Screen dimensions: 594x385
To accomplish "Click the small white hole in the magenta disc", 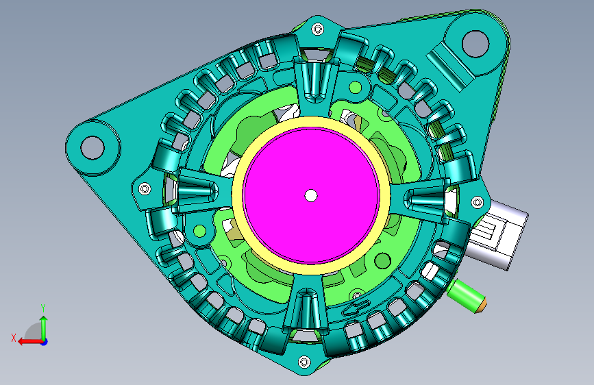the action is [x=311, y=195].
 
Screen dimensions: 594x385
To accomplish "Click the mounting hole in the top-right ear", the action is [x=475, y=44].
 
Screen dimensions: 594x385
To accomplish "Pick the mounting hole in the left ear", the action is [x=92, y=147].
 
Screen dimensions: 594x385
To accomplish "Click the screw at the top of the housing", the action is [x=317, y=29].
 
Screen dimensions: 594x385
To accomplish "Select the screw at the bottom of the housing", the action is [x=304, y=362].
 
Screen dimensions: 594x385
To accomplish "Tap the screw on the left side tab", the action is [x=145, y=188].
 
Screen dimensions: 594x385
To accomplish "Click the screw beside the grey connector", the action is [x=477, y=202].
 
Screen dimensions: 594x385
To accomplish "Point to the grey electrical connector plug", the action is [x=496, y=235].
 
